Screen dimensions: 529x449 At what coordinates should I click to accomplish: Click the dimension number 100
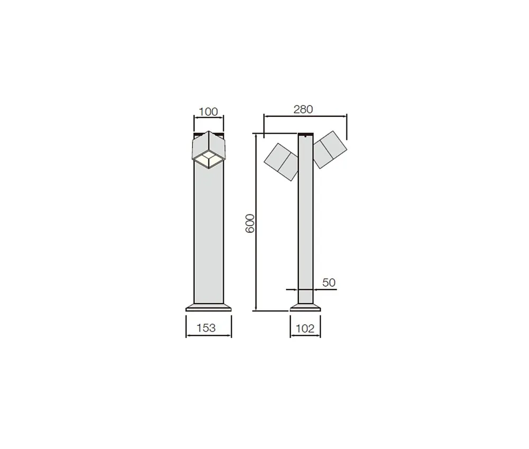(208, 111)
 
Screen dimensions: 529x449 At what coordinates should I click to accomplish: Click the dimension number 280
(303, 109)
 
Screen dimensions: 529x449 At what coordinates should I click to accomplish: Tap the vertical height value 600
(250, 223)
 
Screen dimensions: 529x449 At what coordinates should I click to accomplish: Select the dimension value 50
(329, 282)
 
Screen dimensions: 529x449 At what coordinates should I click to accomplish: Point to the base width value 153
(206, 328)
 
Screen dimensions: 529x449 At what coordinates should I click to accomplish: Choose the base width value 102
(305, 329)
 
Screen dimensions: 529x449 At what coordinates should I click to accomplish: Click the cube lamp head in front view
(208, 149)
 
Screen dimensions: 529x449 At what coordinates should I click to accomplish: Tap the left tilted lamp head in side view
(281, 162)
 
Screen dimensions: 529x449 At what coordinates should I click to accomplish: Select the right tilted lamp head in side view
(330, 149)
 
